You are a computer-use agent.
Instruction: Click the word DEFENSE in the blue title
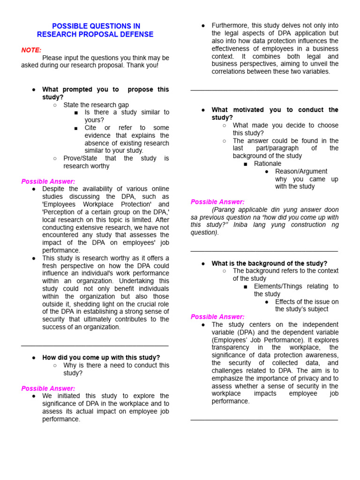[x=138, y=34]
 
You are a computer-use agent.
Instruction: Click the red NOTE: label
[x=31, y=50]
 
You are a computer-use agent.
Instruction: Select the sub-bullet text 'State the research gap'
[x=96, y=105]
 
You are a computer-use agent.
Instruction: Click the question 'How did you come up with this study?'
[x=101, y=358]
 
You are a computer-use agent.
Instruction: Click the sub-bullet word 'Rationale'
[x=268, y=164]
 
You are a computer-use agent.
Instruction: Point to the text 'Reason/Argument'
[x=301, y=171]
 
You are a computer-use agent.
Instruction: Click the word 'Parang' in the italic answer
[x=224, y=210]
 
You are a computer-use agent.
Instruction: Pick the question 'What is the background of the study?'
[x=269, y=263]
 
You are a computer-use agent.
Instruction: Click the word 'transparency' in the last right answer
[x=233, y=347]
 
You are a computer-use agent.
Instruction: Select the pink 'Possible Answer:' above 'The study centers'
[x=217, y=317]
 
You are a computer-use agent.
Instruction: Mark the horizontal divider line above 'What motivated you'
[x=264, y=90]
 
